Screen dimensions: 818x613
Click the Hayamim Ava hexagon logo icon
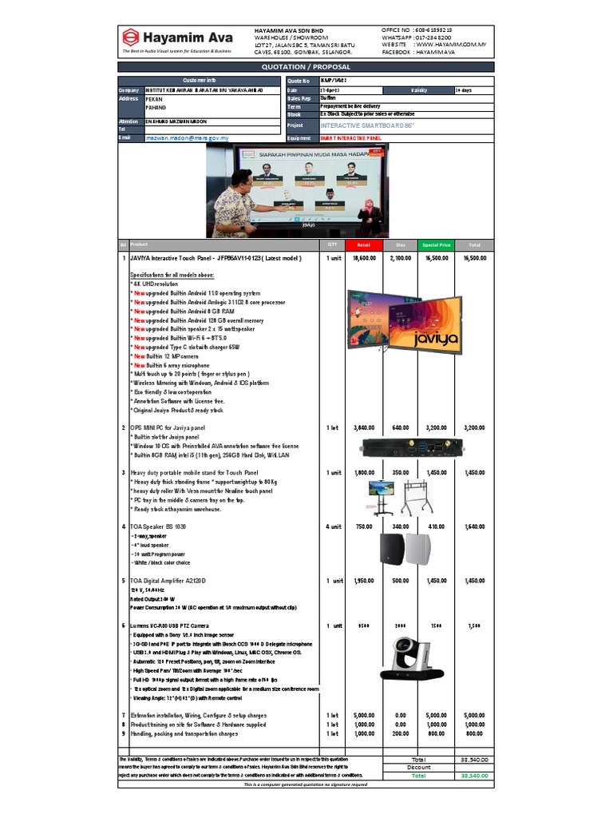point(130,37)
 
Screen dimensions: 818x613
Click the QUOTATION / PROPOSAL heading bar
point(306,67)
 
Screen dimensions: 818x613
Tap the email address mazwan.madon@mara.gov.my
point(188,138)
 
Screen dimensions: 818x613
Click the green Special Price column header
point(437,244)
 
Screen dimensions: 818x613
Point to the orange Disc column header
point(400,244)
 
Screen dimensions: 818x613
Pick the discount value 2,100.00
point(400,259)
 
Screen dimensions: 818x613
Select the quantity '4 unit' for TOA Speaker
point(333,526)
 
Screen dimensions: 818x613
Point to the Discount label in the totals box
point(418,767)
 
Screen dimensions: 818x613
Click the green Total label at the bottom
point(418,776)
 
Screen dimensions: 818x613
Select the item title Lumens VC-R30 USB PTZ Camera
point(170,625)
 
